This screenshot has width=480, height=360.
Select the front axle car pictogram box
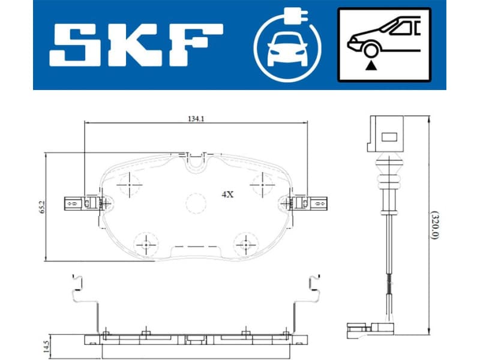coord(384,44)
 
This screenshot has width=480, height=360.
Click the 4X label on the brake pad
coord(227,194)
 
